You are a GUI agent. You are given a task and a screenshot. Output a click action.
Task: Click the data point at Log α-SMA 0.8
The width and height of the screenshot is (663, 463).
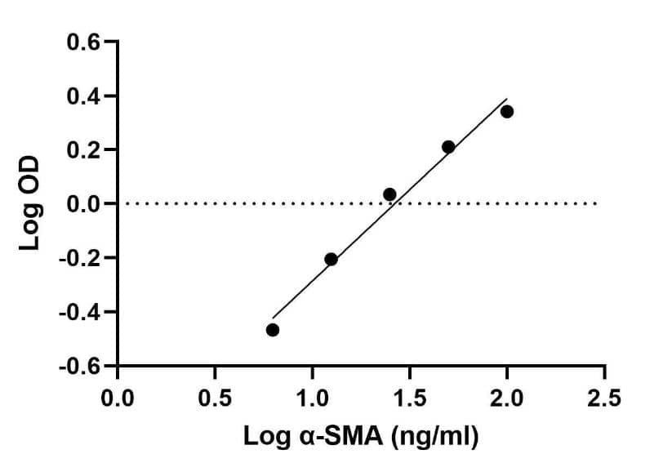point(273,330)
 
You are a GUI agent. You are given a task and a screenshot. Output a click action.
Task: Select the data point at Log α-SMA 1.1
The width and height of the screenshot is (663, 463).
point(331,259)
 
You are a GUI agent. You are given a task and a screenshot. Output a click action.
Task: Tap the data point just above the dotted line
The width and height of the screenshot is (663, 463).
point(389,194)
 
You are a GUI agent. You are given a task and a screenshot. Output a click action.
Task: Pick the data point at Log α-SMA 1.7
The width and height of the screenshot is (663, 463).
point(448,147)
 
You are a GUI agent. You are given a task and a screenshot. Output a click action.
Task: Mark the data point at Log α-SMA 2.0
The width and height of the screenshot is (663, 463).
point(507,111)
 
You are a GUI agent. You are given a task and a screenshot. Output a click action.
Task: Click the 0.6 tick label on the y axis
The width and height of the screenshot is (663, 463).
point(84,42)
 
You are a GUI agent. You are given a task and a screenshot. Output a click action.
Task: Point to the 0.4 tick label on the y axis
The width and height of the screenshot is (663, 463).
point(84,96)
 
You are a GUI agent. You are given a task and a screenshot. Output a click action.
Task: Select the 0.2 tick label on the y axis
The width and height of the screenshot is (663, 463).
point(84,150)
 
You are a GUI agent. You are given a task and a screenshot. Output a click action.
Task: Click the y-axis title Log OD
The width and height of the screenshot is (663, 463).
point(31,203)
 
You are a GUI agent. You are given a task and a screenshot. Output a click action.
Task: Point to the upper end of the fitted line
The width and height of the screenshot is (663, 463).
point(507,99)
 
